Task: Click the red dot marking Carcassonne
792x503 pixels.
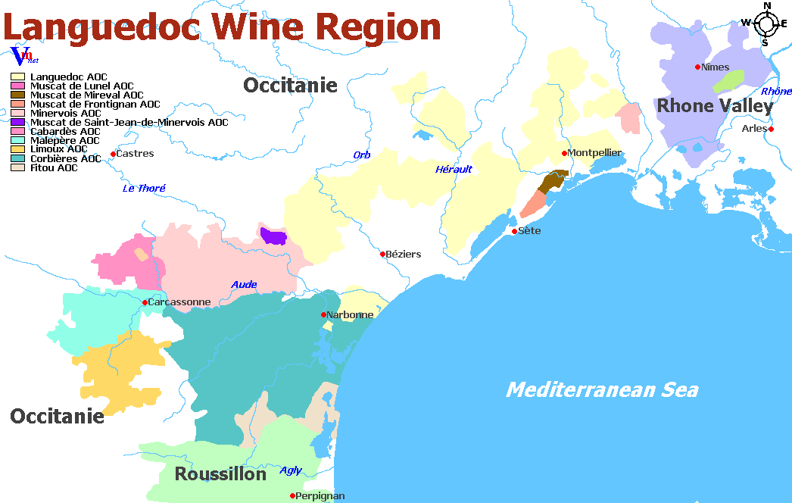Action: pos(145,302)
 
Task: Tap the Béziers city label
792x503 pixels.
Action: pos(404,255)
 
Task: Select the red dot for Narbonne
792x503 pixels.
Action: pos(323,314)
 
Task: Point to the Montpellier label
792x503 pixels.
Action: pos(595,153)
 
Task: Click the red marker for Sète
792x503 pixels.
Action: pos(514,231)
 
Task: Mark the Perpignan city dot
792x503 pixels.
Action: pos(293,496)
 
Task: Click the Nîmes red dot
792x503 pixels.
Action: pos(697,67)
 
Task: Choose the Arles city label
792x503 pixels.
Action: pos(754,129)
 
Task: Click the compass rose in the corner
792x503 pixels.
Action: pos(766,23)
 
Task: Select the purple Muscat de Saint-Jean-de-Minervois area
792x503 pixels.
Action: pos(273,236)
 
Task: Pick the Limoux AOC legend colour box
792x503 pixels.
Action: pos(17,149)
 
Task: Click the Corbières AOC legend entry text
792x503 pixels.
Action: pos(65,158)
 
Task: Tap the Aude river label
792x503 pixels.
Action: pos(244,285)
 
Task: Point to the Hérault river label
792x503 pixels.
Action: pos(453,169)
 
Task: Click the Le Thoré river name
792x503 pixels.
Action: pos(144,188)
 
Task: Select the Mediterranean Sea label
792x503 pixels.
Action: pos(601,389)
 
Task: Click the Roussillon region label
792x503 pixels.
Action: pos(220,474)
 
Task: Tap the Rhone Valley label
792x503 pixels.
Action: pos(714,106)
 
